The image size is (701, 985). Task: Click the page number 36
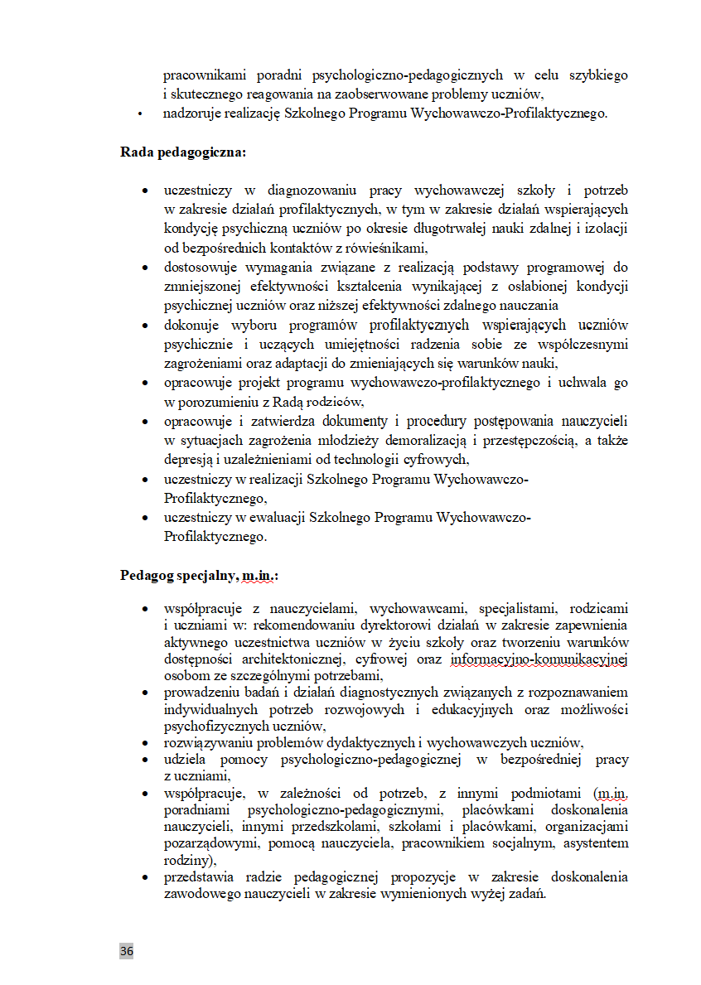tap(126, 950)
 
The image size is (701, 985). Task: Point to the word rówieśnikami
tap(389, 247)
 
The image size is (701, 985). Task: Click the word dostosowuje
tap(201, 268)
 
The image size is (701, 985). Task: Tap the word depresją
tap(187, 459)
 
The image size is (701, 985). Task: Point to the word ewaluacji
tap(273, 518)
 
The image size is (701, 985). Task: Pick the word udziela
tap(185, 759)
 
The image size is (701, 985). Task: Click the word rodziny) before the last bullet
tap(185, 861)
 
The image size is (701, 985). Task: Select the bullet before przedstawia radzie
tap(145, 877)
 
